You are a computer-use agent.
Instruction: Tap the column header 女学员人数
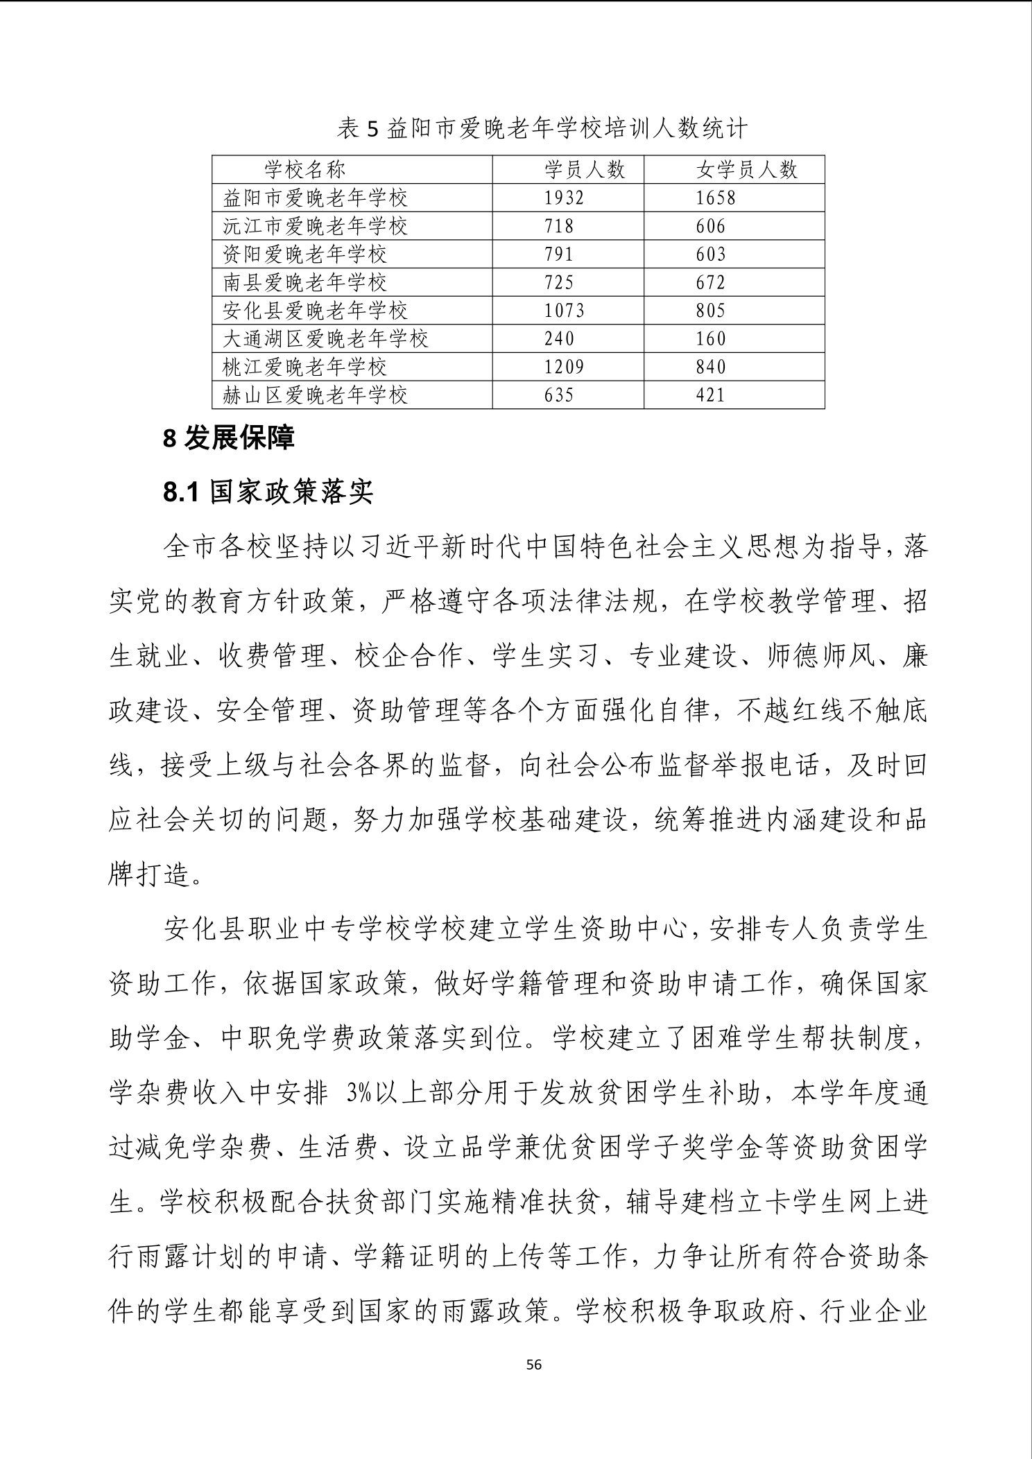(x=746, y=169)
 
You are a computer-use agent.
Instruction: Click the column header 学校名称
(x=304, y=169)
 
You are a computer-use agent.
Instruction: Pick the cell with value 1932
(x=564, y=198)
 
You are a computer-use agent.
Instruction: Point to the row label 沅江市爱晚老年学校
(x=315, y=226)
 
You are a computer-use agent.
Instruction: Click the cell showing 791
(x=559, y=254)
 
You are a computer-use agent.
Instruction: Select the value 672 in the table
(x=711, y=282)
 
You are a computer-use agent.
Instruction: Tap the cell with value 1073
(x=564, y=311)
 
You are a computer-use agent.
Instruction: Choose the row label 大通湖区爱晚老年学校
(x=325, y=338)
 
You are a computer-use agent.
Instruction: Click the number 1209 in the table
(x=564, y=367)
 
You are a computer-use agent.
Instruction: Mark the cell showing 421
(x=711, y=395)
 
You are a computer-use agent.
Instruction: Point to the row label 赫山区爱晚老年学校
(x=315, y=395)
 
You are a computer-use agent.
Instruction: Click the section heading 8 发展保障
(x=229, y=438)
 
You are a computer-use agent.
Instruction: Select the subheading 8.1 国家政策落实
(x=268, y=492)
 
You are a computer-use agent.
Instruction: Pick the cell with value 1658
(x=716, y=198)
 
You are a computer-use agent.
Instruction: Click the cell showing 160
(x=711, y=338)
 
